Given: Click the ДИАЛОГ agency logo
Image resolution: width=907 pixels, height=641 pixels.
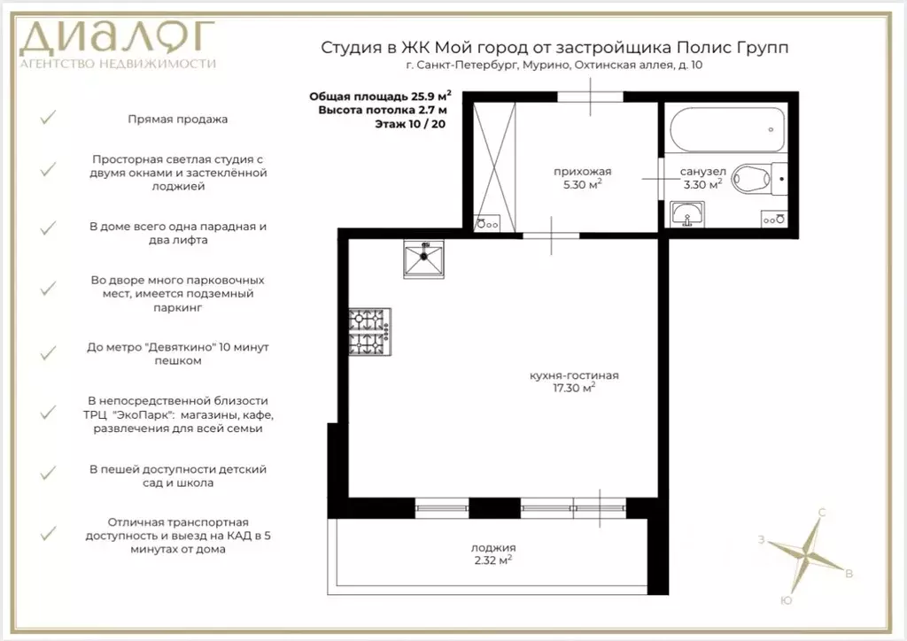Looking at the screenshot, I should (119, 41).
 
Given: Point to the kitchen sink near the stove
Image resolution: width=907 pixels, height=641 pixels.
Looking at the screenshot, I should (424, 261).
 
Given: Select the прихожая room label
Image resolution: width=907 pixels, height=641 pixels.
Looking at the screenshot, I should (582, 172).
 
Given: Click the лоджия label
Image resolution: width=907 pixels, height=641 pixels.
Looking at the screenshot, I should (493, 547).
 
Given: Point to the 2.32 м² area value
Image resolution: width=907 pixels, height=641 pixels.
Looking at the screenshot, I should (493, 560).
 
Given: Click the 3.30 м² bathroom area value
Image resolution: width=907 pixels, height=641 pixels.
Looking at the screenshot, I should (702, 185).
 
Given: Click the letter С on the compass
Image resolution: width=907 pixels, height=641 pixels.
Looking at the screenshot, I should (823, 513).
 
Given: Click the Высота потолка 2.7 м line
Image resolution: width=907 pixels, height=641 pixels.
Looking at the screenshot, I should (383, 110).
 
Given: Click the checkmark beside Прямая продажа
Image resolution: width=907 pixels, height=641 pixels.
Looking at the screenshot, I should (50, 118).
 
